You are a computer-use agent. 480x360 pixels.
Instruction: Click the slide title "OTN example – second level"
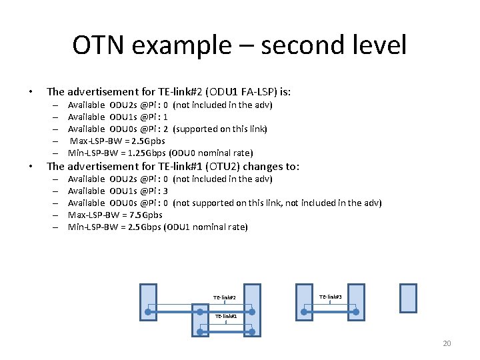(x=239, y=45)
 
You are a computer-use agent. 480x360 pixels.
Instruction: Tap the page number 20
(x=447, y=343)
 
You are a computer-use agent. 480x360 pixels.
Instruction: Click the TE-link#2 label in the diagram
(x=225, y=297)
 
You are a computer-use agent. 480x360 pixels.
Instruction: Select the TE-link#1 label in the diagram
(x=225, y=316)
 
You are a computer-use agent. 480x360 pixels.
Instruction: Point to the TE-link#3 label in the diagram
(x=330, y=297)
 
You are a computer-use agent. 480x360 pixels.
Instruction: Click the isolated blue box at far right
(x=407, y=298)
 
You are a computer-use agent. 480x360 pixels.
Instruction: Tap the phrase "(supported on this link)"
(x=220, y=129)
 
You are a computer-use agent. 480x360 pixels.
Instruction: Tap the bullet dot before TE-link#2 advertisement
(x=30, y=92)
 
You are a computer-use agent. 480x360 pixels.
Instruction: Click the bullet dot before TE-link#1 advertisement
(x=30, y=167)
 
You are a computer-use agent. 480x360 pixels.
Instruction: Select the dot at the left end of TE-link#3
(x=304, y=311)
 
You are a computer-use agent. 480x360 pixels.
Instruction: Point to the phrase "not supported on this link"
(x=228, y=203)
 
